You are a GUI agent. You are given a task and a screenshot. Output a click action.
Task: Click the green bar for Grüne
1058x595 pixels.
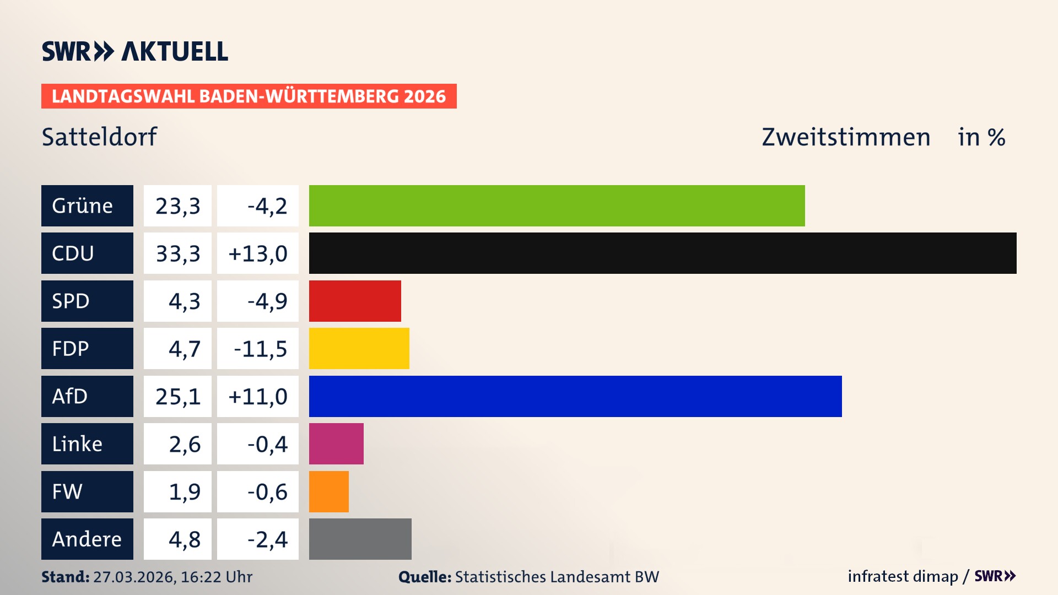(557, 205)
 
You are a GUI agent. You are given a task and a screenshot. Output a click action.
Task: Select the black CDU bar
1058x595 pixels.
(662, 253)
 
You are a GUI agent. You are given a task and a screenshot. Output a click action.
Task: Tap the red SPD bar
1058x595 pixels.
(355, 301)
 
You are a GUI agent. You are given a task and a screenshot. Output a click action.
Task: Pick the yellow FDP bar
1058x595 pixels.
(359, 348)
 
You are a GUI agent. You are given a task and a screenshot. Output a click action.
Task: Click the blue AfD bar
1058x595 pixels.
(575, 396)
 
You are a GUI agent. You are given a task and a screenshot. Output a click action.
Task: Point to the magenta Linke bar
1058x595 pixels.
(336, 443)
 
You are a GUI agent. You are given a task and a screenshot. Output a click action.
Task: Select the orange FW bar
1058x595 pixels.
(328, 491)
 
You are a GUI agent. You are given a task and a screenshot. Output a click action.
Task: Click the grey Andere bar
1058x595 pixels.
(360, 539)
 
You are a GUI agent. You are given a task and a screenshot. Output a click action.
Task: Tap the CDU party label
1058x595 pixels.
(87, 253)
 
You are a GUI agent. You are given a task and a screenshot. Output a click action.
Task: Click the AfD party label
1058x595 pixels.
(87, 396)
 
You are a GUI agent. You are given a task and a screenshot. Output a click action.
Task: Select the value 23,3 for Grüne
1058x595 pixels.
(177, 205)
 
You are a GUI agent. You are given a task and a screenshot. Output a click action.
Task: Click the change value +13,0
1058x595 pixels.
(257, 253)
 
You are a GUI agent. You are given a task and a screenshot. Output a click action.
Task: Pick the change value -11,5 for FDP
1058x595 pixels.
(260, 349)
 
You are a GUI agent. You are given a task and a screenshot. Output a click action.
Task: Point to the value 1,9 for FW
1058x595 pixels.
(184, 491)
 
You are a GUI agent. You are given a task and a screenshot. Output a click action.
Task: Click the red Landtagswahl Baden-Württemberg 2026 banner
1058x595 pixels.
(249, 96)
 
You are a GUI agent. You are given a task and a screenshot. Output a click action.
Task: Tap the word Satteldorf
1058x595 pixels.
(99, 137)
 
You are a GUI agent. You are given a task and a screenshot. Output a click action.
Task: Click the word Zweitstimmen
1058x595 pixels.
(845, 137)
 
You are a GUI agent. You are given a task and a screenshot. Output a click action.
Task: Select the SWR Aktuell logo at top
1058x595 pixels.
(134, 51)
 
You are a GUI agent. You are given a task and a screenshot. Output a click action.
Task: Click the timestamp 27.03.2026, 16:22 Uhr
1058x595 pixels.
(172, 577)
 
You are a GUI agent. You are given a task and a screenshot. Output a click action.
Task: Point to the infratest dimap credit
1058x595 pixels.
(902, 576)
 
